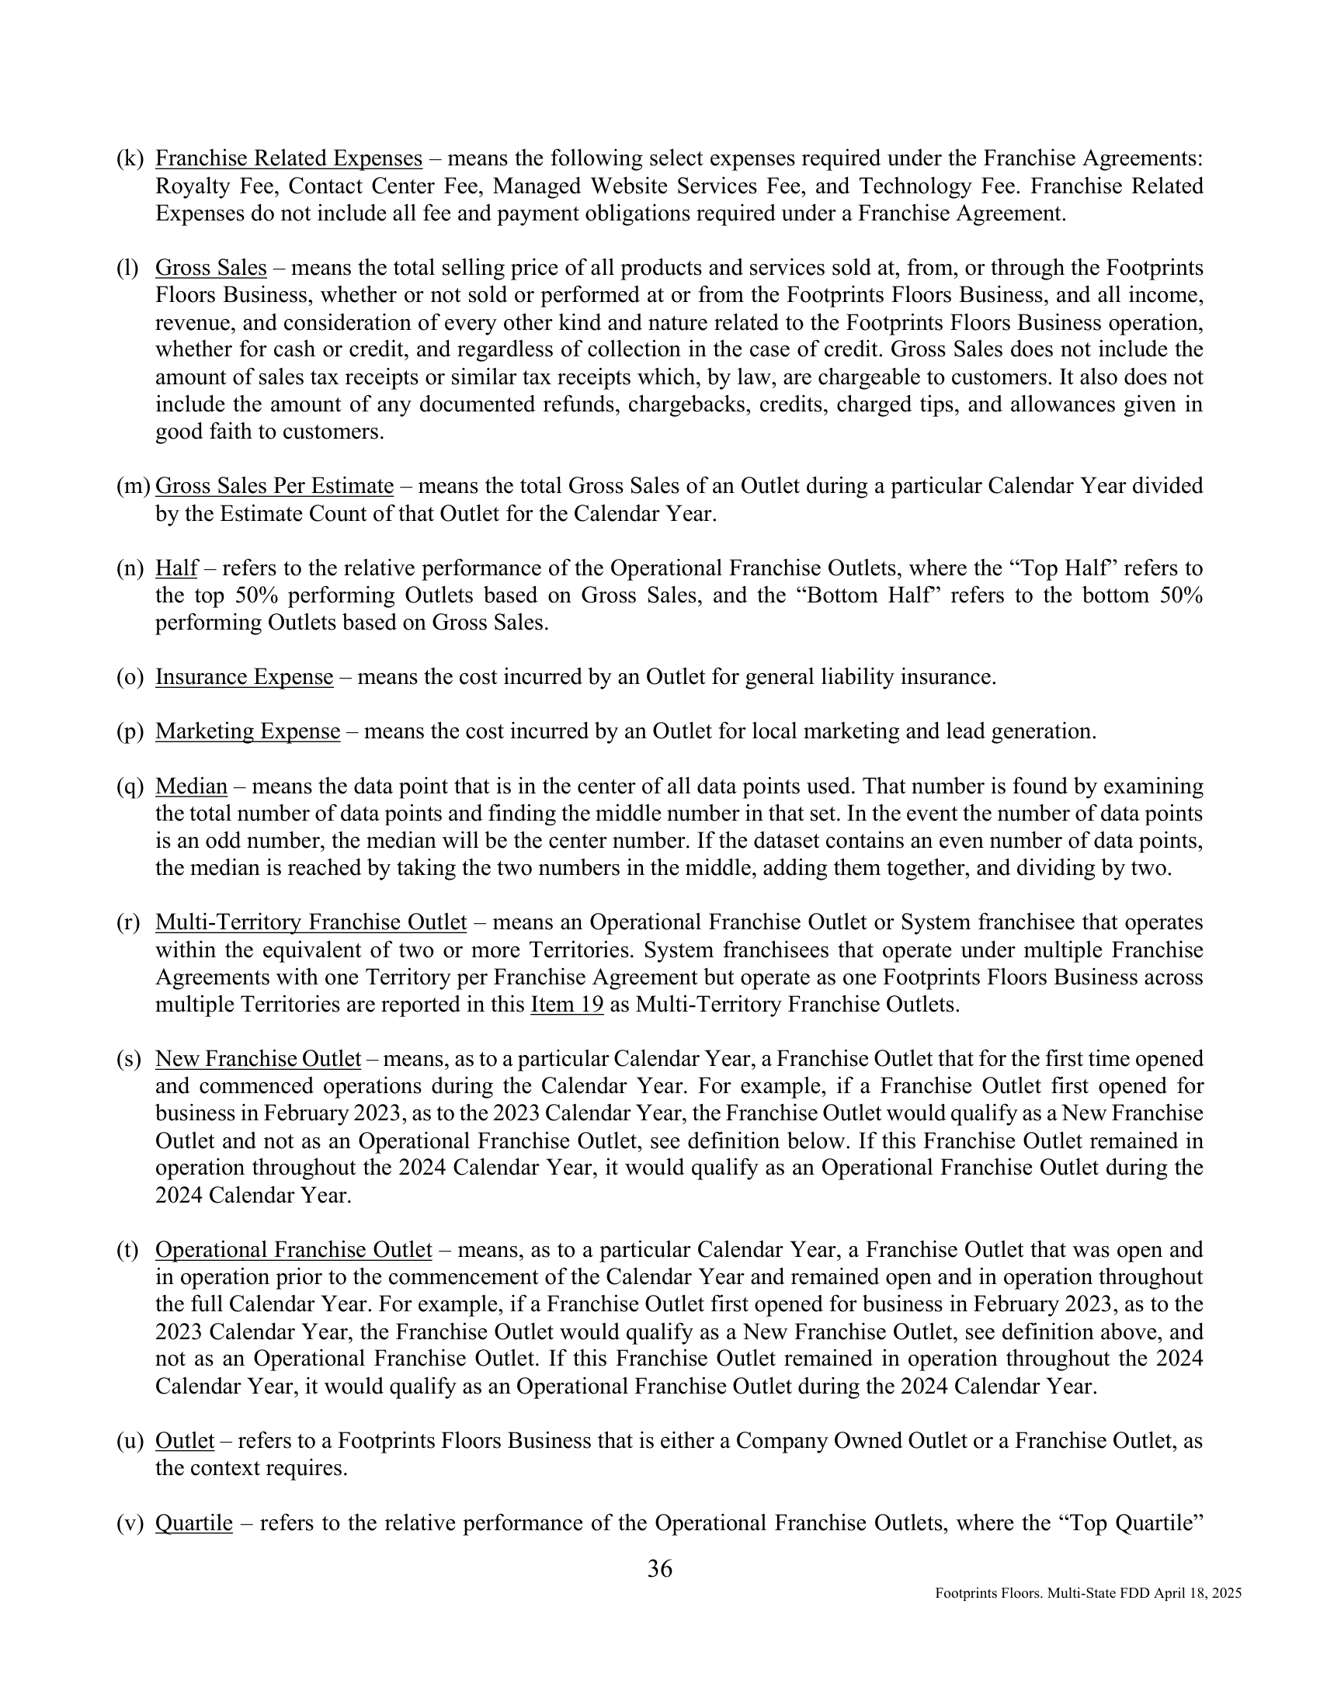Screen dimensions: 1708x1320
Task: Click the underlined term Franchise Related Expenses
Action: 289,158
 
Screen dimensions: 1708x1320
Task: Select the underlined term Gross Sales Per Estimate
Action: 273,487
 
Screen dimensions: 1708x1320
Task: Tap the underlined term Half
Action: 176,568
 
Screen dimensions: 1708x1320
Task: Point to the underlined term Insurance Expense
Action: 244,676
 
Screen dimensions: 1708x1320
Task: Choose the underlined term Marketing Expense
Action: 247,731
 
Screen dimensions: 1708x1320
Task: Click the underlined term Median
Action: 191,786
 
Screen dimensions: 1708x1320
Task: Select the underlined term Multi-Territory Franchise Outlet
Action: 311,922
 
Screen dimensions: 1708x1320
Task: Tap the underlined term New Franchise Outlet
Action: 258,1059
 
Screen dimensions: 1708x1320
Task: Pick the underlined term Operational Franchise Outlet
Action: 294,1250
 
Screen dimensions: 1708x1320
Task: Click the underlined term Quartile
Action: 194,1522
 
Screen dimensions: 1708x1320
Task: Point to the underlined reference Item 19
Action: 566,1004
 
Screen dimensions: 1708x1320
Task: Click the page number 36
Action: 660,1568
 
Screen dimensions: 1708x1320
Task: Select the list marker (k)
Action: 130,158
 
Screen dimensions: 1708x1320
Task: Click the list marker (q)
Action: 130,786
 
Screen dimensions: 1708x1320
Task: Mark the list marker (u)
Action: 130,1440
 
